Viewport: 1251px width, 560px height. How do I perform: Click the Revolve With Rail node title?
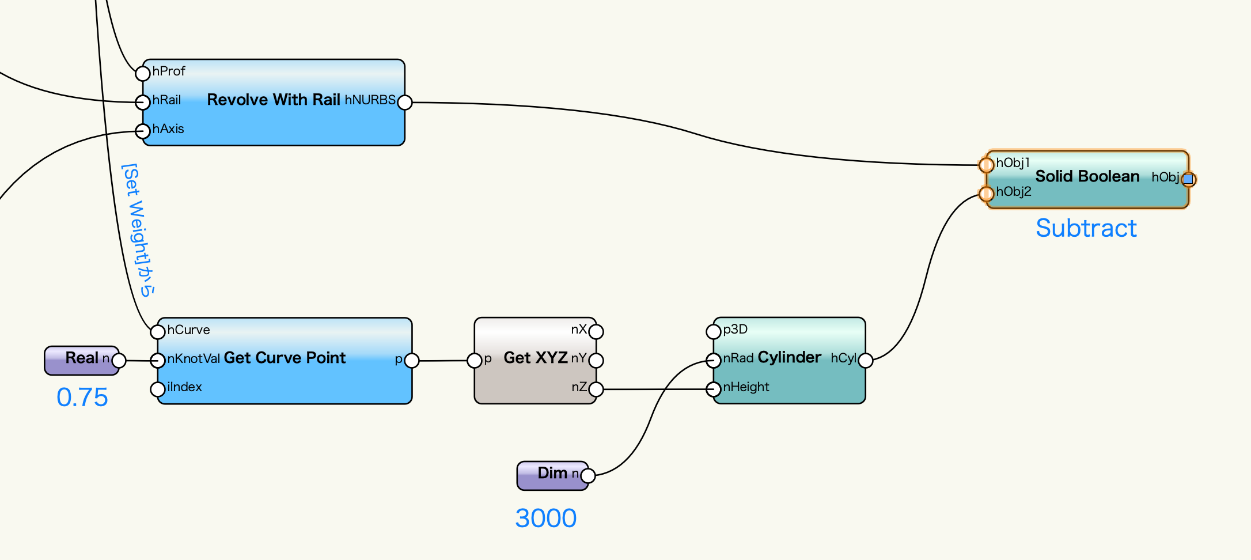click(274, 100)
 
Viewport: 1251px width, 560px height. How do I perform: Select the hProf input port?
click(143, 73)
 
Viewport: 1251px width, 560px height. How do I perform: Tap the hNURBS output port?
click(405, 103)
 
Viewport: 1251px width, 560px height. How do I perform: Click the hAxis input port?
click(143, 131)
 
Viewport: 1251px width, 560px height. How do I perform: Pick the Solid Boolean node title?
click(1087, 176)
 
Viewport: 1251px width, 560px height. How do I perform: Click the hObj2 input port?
click(987, 194)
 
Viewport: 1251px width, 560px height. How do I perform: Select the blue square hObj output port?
click(1188, 179)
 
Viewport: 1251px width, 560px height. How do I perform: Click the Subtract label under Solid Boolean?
click(1086, 228)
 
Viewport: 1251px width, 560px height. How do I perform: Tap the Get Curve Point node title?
click(285, 358)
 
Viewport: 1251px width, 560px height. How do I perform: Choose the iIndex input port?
click(158, 389)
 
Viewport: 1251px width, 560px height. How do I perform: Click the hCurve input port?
click(158, 331)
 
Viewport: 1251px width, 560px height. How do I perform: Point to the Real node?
click(82, 360)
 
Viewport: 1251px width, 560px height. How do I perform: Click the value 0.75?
click(82, 398)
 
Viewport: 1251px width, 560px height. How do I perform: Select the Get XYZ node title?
click(536, 358)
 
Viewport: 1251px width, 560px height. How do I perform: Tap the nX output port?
click(596, 332)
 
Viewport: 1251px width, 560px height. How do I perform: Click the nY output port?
click(596, 361)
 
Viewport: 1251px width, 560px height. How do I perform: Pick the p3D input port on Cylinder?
click(714, 331)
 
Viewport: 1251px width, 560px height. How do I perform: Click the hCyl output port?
click(866, 361)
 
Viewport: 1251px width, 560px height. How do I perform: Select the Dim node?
click(552, 475)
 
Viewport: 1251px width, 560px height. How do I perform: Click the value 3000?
click(546, 519)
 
